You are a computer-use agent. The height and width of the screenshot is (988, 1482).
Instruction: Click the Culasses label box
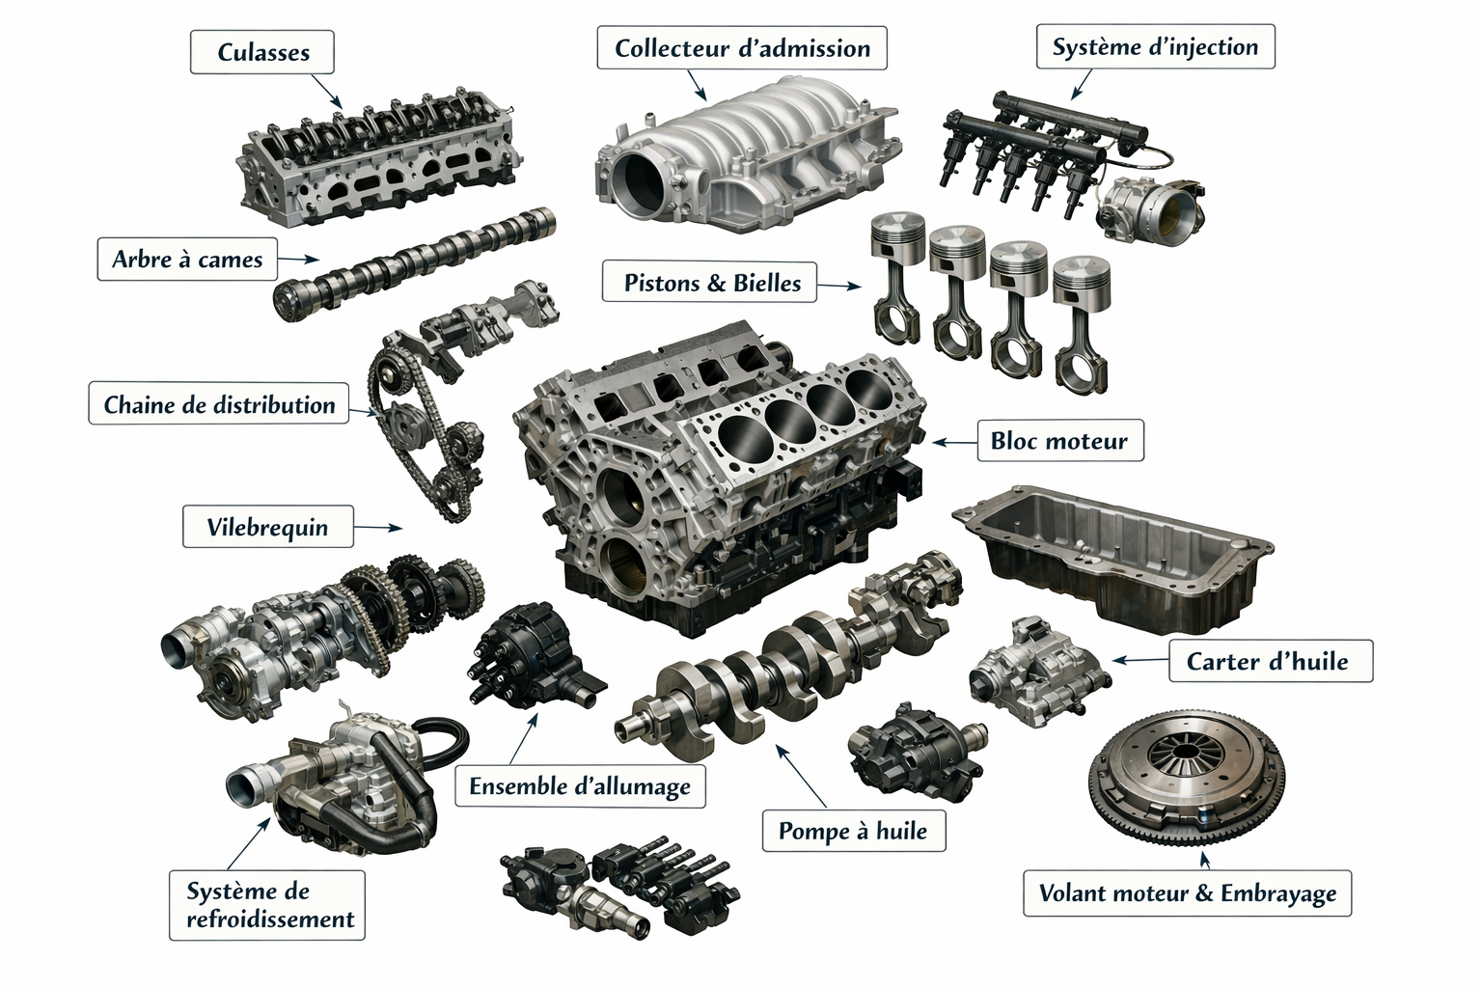pyautogui.click(x=262, y=51)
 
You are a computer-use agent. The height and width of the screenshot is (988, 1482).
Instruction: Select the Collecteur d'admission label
pyautogui.click(x=742, y=47)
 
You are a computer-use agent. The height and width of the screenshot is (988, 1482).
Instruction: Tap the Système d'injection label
pyautogui.click(x=1155, y=46)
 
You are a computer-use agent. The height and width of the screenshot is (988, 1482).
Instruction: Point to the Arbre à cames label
pyautogui.click(x=187, y=259)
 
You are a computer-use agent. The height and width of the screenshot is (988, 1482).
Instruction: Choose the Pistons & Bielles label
pyautogui.click(x=709, y=283)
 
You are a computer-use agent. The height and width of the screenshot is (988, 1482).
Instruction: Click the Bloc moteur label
pyautogui.click(x=1060, y=440)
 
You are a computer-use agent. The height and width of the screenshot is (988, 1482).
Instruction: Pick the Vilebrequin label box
pyautogui.click(x=268, y=527)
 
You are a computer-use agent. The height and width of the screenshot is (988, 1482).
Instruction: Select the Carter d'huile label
pyautogui.click(x=1271, y=660)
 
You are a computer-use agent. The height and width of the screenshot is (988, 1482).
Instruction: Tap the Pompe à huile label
pyautogui.click(x=854, y=830)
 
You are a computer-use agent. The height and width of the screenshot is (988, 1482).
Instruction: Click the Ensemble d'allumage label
pyautogui.click(x=580, y=786)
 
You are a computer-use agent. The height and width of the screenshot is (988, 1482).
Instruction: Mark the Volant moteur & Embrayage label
pyautogui.click(x=1187, y=892)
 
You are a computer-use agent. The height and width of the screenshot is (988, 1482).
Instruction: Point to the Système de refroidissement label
pyautogui.click(x=267, y=905)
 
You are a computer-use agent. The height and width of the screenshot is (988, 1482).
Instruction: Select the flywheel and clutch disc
pyautogui.click(x=1186, y=779)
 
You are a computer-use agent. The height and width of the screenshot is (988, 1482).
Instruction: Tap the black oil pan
pyautogui.click(x=1112, y=556)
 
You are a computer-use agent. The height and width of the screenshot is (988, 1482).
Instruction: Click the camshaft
pyautogui.click(x=415, y=264)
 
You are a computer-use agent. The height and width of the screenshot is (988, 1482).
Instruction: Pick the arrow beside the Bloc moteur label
pyautogui.click(x=954, y=441)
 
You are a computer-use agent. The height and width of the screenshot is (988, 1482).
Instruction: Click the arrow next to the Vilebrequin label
pyautogui.click(x=378, y=528)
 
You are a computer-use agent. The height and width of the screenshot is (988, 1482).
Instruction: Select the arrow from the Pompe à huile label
pyautogui.click(x=801, y=776)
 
